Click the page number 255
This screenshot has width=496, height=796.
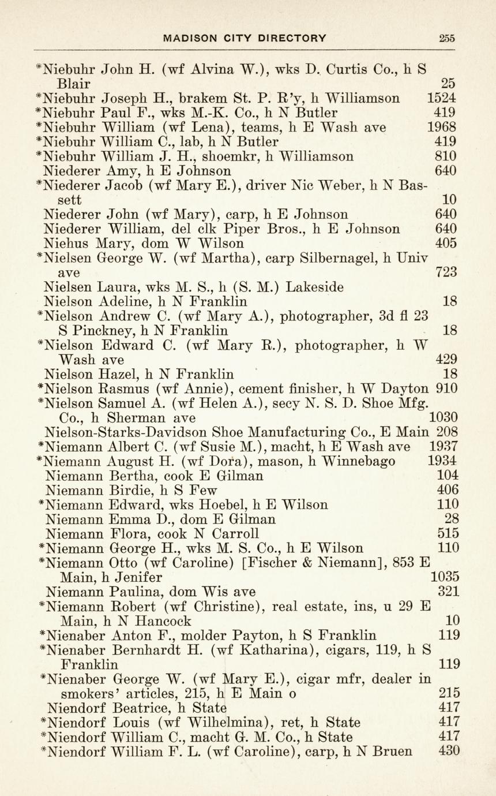click(446, 39)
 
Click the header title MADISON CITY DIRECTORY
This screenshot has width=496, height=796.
click(245, 39)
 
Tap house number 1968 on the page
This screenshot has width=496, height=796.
click(441, 127)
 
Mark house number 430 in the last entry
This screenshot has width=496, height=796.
click(448, 752)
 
